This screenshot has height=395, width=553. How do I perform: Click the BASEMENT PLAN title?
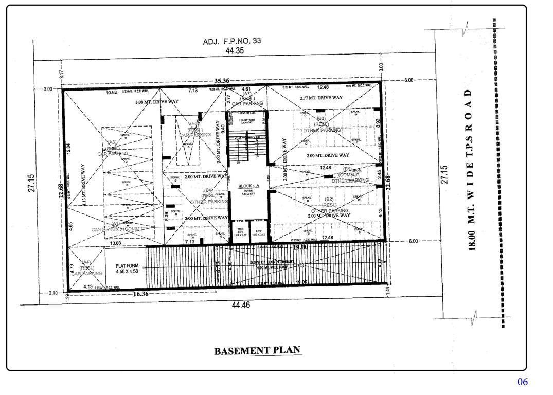(257, 351)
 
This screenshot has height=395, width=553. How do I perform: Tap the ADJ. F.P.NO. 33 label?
(232, 42)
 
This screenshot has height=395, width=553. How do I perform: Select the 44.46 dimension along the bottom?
(240, 305)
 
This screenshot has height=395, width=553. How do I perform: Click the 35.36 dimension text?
(222, 81)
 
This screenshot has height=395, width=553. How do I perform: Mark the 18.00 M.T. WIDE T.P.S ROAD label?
(471, 170)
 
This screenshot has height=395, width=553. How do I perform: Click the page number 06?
(522, 382)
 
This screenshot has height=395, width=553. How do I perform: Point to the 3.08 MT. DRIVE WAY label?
(157, 102)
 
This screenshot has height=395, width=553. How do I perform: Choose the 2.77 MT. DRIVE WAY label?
(321, 98)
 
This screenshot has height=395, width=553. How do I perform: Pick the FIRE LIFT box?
(239, 232)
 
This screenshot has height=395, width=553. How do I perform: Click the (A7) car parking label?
(247, 94)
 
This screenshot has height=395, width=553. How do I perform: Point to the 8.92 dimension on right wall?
(378, 123)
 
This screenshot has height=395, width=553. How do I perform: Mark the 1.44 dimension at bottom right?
(387, 290)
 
